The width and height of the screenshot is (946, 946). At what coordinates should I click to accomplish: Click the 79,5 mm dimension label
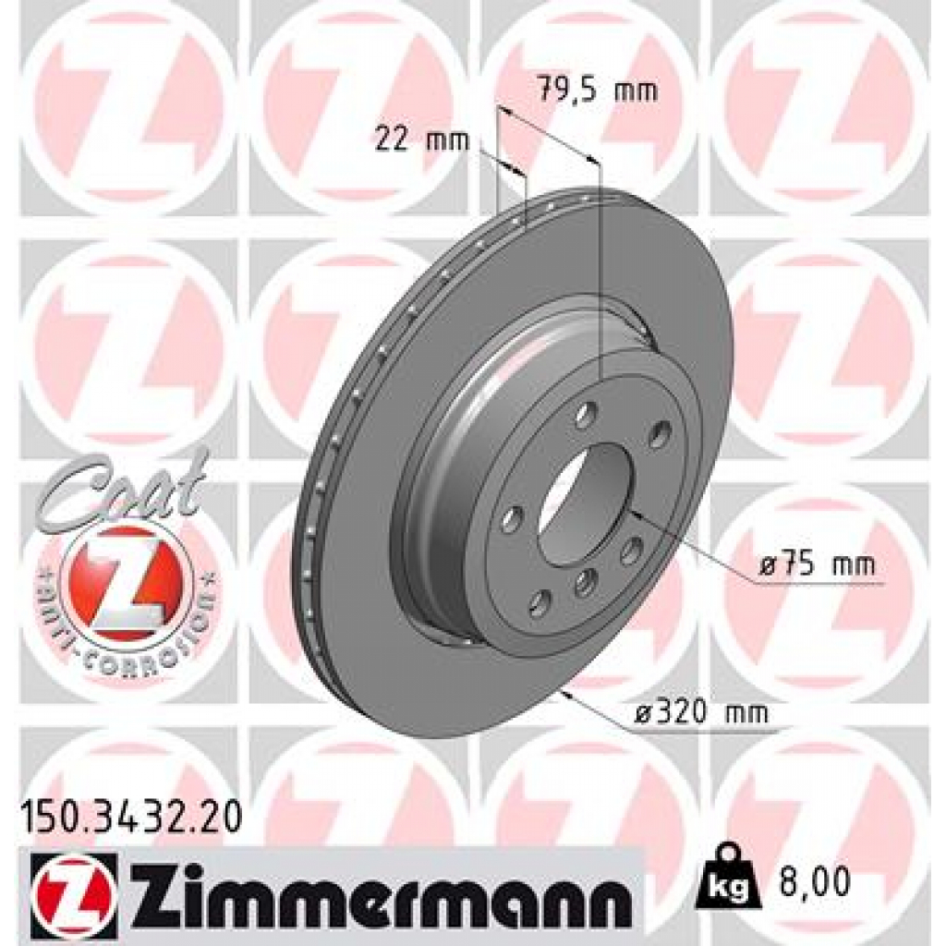(x=596, y=91)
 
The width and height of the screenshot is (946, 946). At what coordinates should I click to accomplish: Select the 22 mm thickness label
(x=421, y=140)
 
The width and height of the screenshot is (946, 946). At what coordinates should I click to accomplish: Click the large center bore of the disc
(x=585, y=503)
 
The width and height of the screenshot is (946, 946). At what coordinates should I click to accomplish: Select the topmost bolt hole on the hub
(x=586, y=416)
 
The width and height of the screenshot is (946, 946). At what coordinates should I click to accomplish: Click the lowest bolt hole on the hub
(x=539, y=606)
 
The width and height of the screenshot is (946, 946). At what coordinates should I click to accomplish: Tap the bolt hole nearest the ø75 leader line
(x=631, y=552)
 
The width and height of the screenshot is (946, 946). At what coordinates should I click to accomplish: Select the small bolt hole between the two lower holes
(x=584, y=581)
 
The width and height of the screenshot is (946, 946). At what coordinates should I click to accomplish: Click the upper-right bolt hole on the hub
(x=659, y=432)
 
